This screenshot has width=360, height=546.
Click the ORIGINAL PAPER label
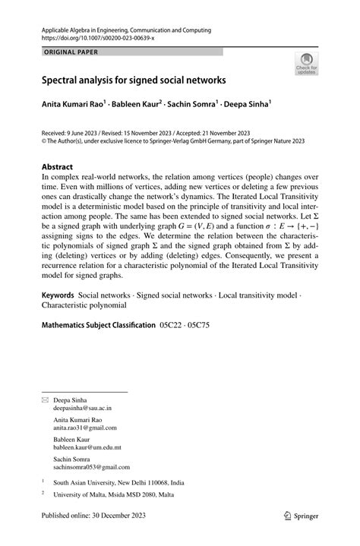(66, 52)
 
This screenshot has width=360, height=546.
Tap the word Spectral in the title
(63, 79)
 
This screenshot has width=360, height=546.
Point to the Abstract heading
(58, 166)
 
